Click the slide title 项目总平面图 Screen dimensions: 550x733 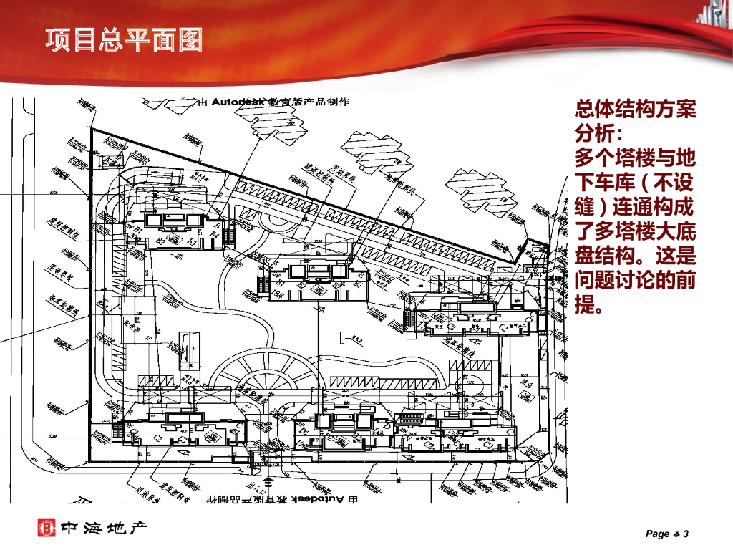[x=123, y=40]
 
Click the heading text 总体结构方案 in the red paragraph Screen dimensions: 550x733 [x=635, y=110]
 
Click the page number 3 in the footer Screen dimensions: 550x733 [x=685, y=534]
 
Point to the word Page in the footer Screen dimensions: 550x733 [x=657, y=534]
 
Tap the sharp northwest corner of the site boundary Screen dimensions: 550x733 [x=90, y=130]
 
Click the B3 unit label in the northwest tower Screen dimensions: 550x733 [x=192, y=242]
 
